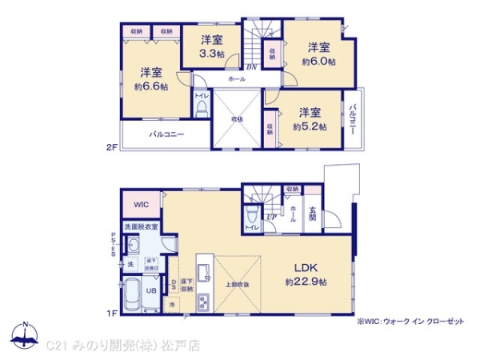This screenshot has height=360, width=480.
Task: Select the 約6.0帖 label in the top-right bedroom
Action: (x=318, y=61)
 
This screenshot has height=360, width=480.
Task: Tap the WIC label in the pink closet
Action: (x=141, y=202)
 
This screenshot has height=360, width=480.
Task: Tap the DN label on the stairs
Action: (x=250, y=67)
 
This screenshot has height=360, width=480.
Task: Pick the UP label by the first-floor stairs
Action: (x=272, y=217)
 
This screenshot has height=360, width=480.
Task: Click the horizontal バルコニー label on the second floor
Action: (x=166, y=134)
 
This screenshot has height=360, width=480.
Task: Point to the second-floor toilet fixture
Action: (x=201, y=108)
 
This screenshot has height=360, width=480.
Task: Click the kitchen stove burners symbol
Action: (x=203, y=301)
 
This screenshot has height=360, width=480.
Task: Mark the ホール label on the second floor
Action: (x=237, y=80)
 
